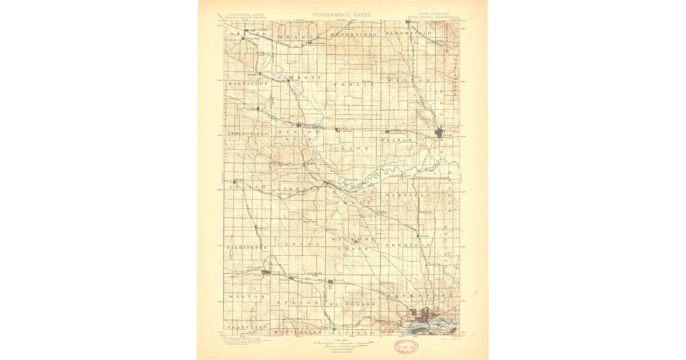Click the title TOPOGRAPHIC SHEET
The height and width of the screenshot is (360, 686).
pyautogui.click(x=341, y=15)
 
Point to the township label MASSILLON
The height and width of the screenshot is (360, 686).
pyautogui.click(x=247, y=83)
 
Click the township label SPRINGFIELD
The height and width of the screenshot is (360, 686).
pyautogui.click(x=248, y=133)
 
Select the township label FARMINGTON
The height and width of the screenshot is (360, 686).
pyautogui.click(x=247, y=247)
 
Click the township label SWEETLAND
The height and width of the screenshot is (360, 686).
pyautogui.click(x=247, y=327)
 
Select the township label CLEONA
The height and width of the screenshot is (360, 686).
pyautogui.click(x=297, y=243)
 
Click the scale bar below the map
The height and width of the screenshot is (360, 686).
pyautogui.click(x=341, y=344)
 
